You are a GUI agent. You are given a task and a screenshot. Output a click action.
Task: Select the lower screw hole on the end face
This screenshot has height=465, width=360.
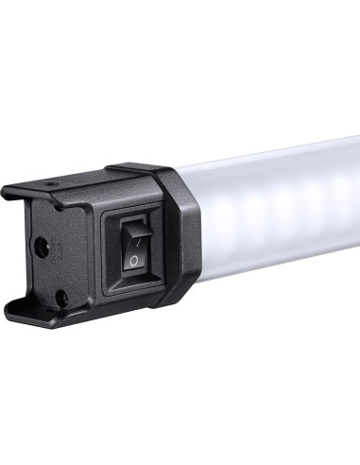[60, 296]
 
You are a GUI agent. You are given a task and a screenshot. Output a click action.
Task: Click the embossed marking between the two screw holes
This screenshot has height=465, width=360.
[53, 269]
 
